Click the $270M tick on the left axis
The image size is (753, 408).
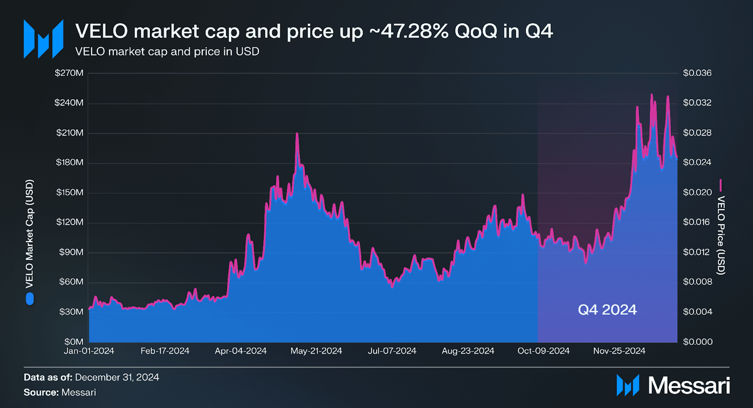(x=69, y=73)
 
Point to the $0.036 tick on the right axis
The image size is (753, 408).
(x=697, y=73)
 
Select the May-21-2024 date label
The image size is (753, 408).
(x=316, y=351)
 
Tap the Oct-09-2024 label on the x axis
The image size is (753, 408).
(x=543, y=351)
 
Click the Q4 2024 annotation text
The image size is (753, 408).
(x=607, y=310)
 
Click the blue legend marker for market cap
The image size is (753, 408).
(x=30, y=299)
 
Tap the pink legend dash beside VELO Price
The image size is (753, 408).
(x=721, y=185)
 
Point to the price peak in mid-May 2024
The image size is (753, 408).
(x=297, y=134)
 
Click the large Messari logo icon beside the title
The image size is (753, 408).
(x=43, y=39)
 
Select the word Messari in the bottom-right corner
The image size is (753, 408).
(x=689, y=386)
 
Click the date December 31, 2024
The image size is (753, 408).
(x=117, y=377)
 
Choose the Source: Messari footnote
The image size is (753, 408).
(x=60, y=392)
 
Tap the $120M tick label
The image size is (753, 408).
(x=70, y=222)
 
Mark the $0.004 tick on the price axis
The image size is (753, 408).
(x=697, y=312)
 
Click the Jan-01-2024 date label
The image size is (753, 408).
(x=89, y=351)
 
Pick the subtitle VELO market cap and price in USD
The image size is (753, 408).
(x=167, y=52)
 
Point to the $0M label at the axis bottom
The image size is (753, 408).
(x=74, y=342)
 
